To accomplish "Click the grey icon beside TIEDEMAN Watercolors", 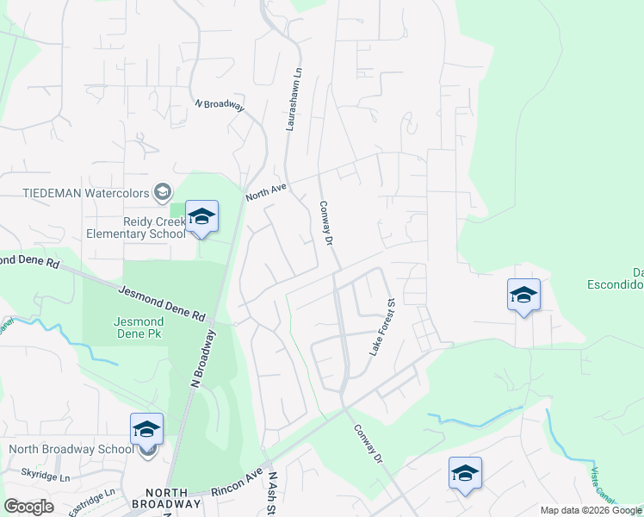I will [162, 191].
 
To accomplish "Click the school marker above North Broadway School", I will [147, 429].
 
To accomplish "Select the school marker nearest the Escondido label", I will [523, 296].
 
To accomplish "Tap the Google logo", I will [28, 506].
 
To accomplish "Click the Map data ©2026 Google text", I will [591, 510].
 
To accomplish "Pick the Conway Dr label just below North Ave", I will [325, 223].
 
